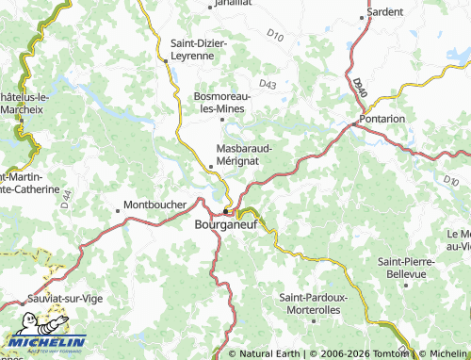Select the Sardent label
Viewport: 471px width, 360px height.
tap(386, 11)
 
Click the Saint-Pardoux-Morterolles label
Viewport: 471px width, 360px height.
tap(315, 303)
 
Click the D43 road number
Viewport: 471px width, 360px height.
tap(268, 84)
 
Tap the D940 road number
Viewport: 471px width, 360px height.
tap(361, 88)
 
